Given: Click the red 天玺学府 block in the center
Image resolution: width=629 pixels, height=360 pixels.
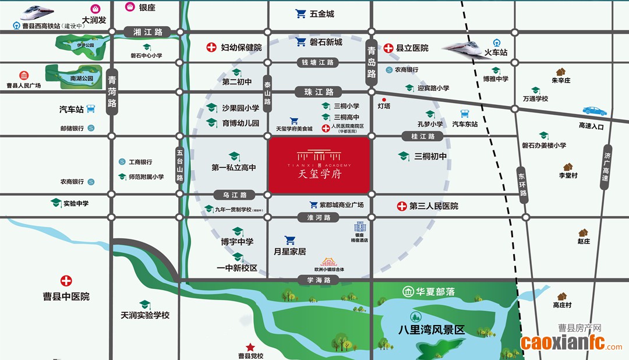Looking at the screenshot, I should tap(319, 165).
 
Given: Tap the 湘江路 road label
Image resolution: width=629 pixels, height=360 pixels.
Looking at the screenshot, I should tap(147, 31).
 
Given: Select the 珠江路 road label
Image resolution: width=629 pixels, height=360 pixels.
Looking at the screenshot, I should tap(319, 92).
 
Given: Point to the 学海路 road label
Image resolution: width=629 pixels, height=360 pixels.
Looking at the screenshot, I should tap(319, 280).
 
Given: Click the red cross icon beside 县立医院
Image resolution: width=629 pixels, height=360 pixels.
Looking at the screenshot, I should tap(388, 48).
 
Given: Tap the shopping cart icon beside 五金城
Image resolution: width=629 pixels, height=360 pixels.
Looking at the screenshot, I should tap(301, 13).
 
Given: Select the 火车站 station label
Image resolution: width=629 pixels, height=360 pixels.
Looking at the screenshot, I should tap(497, 52).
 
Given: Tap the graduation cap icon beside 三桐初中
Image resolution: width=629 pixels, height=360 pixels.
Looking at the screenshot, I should tap(403, 156).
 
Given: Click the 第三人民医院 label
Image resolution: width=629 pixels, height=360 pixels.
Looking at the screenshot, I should tap(434, 206).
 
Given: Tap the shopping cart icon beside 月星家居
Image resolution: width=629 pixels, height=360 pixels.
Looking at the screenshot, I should tap(289, 240).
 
